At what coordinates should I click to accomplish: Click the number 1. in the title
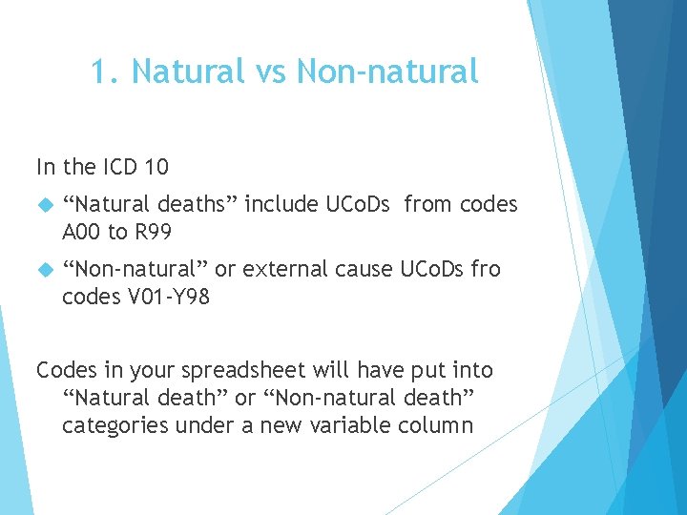click(104, 72)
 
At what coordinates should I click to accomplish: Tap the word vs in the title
click(268, 72)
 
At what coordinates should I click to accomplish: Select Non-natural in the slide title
click(387, 72)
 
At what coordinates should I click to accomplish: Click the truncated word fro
click(486, 270)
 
